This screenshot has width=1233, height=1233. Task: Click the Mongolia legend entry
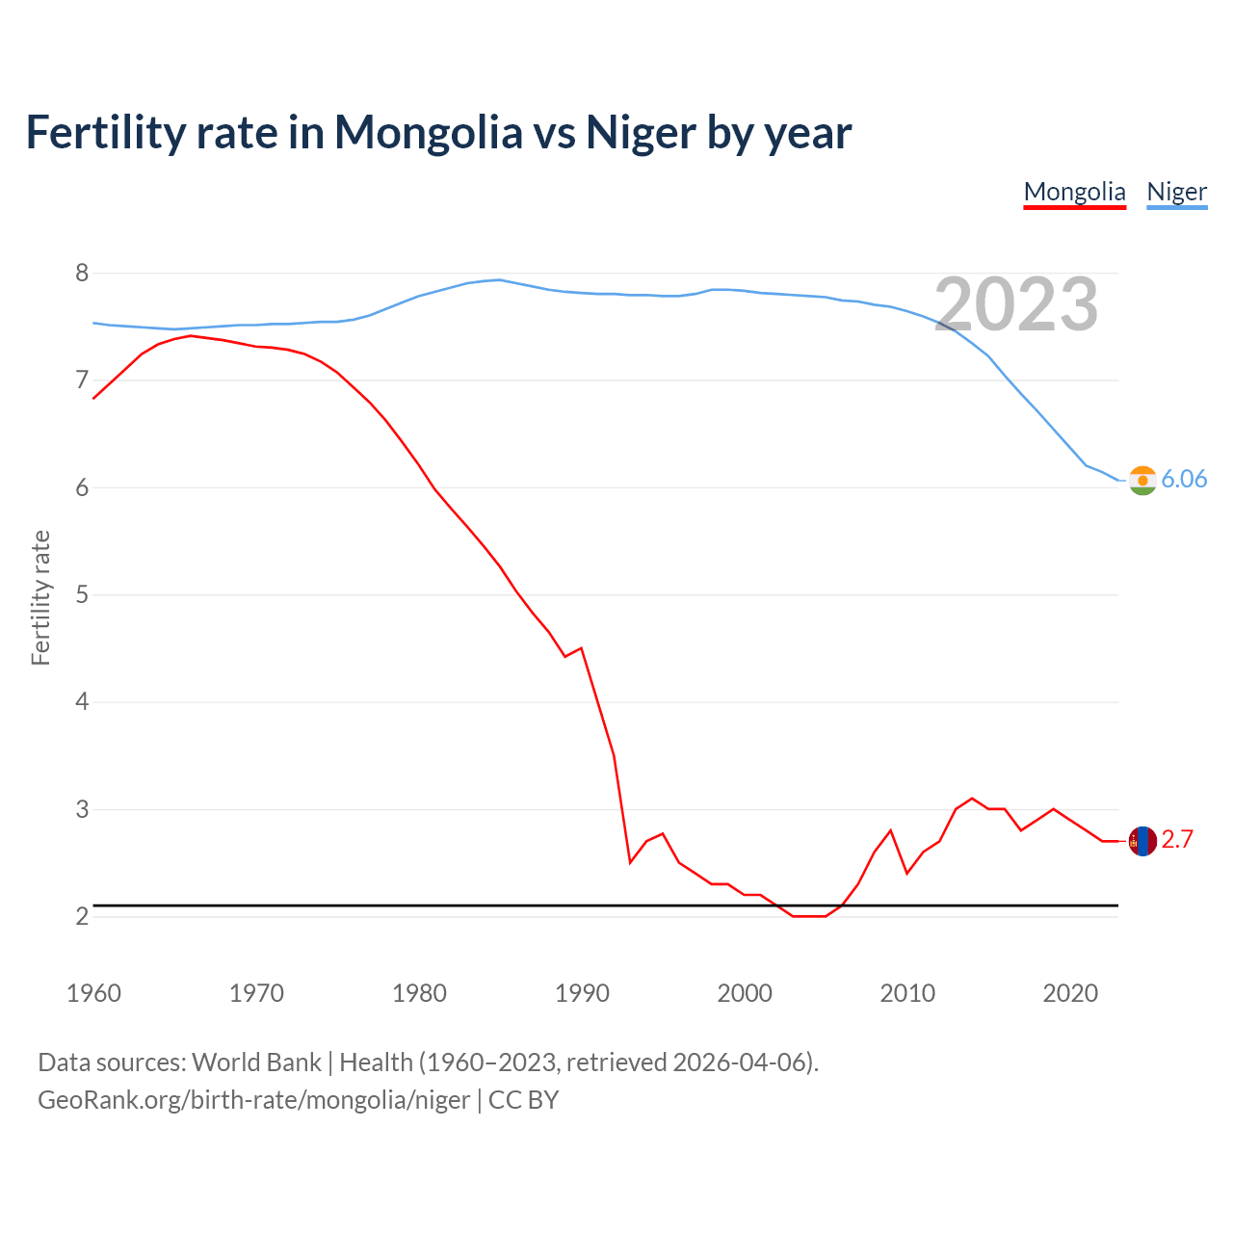[x=1074, y=192]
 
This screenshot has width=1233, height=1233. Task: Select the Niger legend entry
[x=1176, y=192]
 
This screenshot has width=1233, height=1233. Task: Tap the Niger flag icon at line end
[x=1142, y=480]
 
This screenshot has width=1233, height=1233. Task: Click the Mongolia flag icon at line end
[x=1142, y=841]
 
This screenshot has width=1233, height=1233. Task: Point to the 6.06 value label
[x=1184, y=480]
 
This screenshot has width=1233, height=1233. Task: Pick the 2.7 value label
[x=1177, y=840]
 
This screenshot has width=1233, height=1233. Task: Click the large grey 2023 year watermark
[x=1016, y=304]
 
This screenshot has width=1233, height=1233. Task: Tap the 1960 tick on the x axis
[x=93, y=993]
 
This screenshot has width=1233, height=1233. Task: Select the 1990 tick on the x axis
[x=582, y=993]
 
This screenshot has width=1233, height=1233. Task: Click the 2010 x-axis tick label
[x=907, y=993]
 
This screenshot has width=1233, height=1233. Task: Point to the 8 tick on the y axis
[x=82, y=274]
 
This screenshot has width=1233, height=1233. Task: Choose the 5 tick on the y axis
[x=82, y=594]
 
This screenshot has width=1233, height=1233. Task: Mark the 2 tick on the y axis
[x=82, y=916]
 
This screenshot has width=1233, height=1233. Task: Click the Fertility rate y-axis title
[x=40, y=597]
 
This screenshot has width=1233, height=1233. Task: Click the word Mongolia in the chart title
[x=428, y=132]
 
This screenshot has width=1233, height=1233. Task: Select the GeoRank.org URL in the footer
[x=253, y=1100]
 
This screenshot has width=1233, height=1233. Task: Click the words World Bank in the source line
[x=256, y=1062]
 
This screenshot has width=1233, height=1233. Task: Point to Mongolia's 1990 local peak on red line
[x=581, y=648]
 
